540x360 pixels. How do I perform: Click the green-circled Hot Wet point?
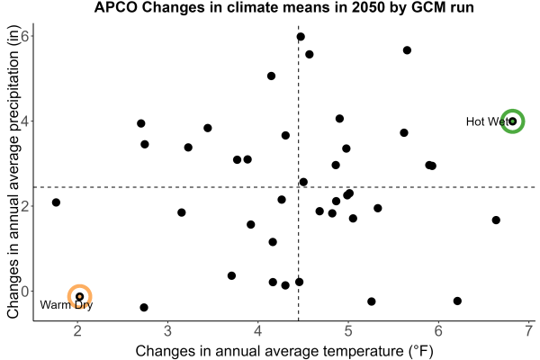pyautogui.click(x=512, y=121)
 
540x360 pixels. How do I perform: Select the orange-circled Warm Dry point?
pyautogui.click(x=79, y=296)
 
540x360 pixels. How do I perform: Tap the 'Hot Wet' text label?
pyautogui.click(x=487, y=121)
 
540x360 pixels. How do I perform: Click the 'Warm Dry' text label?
pyautogui.click(x=66, y=305)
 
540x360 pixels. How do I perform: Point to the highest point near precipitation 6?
pyautogui.click(x=301, y=37)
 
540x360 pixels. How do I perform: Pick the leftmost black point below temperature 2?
pyautogui.click(x=56, y=202)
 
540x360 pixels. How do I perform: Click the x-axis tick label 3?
pyautogui.click(x=167, y=331)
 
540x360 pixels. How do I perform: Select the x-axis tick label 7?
pyautogui.click(x=528, y=331)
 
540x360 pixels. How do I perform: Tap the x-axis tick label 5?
pyautogui.click(x=348, y=331)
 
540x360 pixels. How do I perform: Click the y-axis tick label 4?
pyautogui.click(x=25, y=121)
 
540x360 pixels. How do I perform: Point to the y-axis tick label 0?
pyautogui.click(x=25, y=291)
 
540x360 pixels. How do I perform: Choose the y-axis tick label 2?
pyautogui.click(x=25, y=206)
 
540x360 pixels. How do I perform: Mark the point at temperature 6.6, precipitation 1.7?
pyautogui.click(x=496, y=220)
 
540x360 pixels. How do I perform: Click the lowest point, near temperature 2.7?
pyautogui.click(x=144, y=307)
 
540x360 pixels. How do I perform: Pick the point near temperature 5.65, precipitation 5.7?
pyautogui.click(x=407, y=50)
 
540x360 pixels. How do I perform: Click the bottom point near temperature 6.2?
pyautogui.click(x=457, y=301)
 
